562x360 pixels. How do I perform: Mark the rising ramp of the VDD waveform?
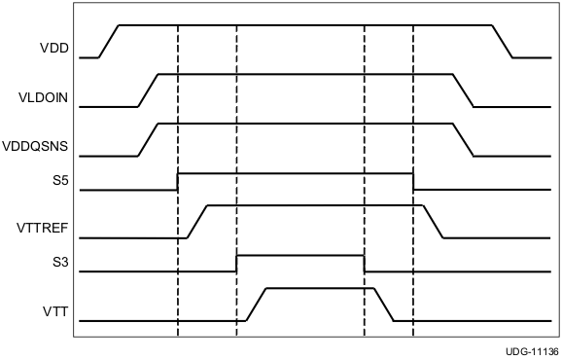(108, 40)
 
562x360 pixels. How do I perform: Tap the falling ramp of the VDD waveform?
(503, 40)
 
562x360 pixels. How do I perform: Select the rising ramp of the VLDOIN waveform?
(148, 90)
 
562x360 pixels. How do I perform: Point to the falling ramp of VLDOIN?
(463, 90)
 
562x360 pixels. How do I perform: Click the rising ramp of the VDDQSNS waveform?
(148, 140)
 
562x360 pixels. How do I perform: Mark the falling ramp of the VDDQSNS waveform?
(463, 140)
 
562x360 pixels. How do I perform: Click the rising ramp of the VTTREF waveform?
(197, 222)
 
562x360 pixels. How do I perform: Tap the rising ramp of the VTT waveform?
(257, 305)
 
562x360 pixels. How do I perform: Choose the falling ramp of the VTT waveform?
(384, 305)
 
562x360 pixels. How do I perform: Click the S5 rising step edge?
(178, 181)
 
